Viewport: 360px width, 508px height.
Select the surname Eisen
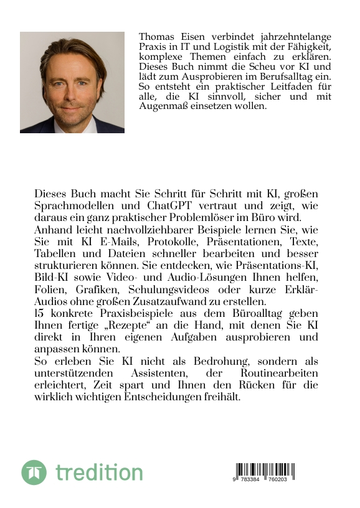[193, 37]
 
